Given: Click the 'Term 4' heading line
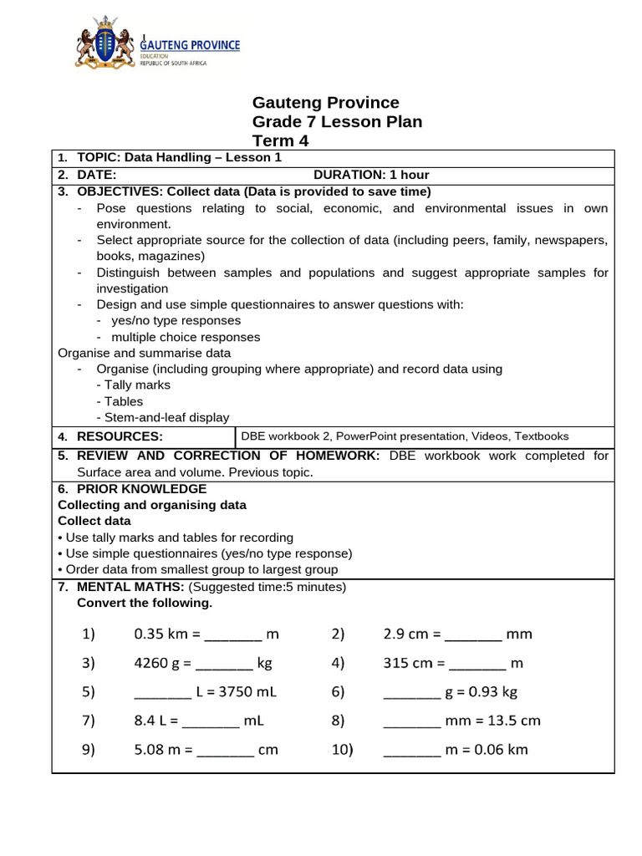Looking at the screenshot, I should pos(280,141).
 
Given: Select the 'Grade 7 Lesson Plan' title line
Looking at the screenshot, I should pos(337,122).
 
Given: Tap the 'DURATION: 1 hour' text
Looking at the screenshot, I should pos(371,175).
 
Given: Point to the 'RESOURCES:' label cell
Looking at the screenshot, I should pos(120,436).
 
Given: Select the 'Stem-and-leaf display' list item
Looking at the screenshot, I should pos(163,418).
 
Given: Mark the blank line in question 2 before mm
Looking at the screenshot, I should pos(473,635).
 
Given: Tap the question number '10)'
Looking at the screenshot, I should pos(343,750).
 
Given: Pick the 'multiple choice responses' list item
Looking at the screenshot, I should pos(186,338).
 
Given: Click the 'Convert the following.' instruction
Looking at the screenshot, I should pos(145,604).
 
